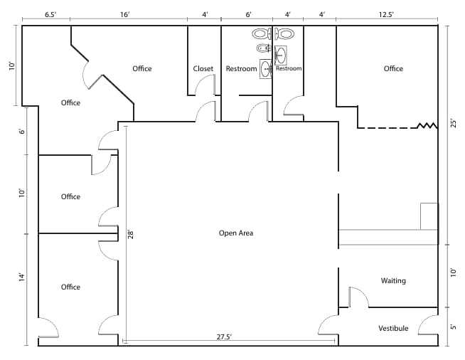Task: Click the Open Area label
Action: tap(235, 233)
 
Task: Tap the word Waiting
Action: tap(393, 280)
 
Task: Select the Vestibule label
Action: tap(393, 328)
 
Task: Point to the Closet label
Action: tap(203, 69)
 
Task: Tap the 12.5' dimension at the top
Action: tap(387, 14)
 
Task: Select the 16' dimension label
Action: tap(124, 14)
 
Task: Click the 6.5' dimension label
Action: tap(51, 14)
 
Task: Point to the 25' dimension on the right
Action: tap(453, 124)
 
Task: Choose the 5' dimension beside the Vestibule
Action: tap(453, 328)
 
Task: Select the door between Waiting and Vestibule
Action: tap(357, 297)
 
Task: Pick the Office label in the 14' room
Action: tap(70, 287)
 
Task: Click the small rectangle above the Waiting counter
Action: tap(429, 216)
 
